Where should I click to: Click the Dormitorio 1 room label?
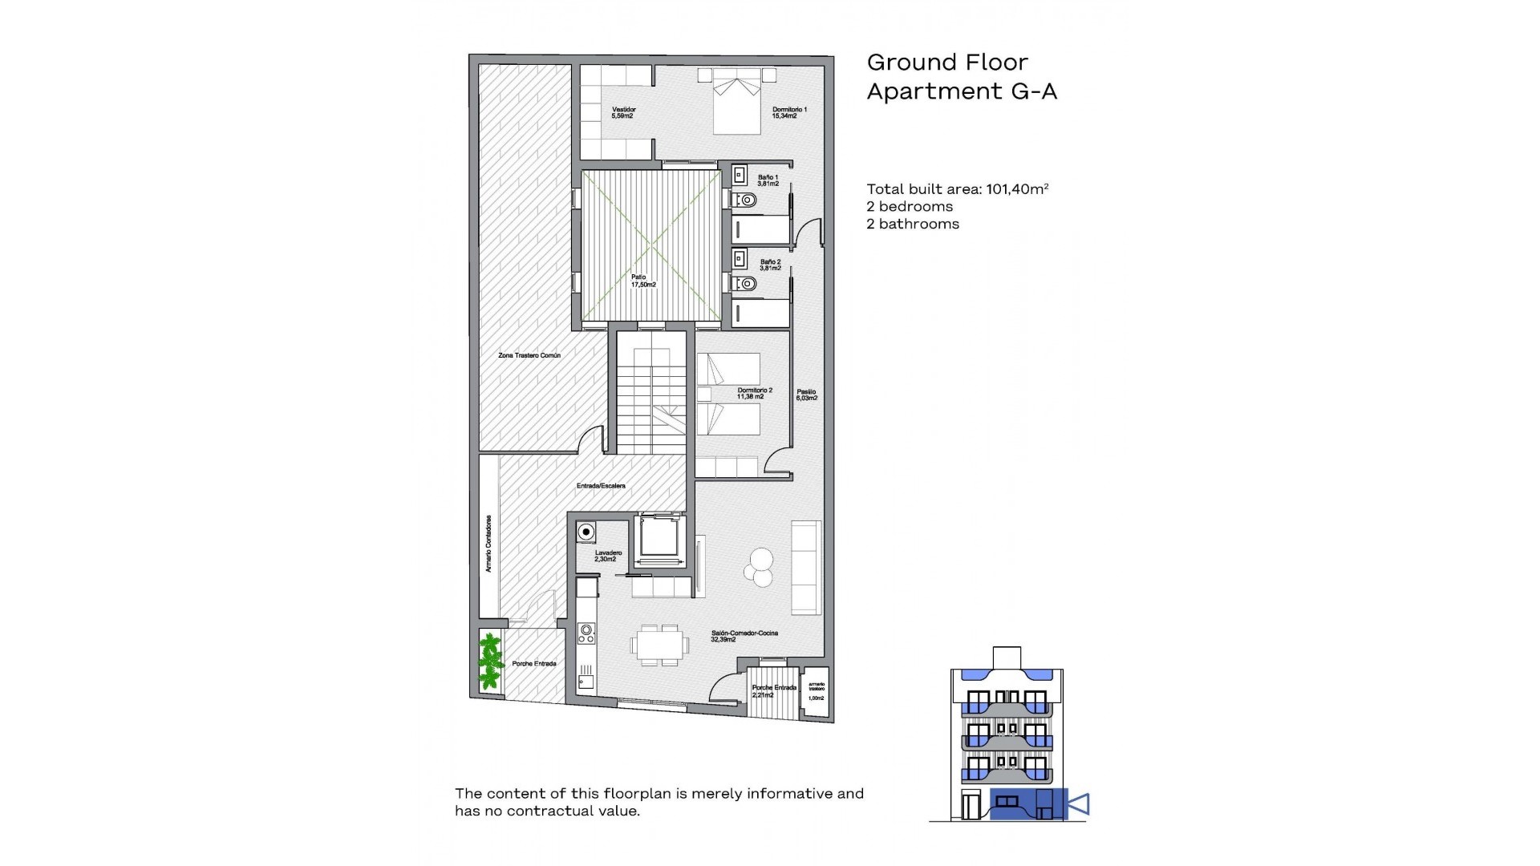[x=788, y=112]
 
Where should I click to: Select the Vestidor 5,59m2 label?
[x=623, y=112]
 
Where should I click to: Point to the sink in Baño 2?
[x=740, y=260]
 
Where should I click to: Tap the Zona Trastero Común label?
[x=529, y=355]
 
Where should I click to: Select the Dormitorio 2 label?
[x=754, y=393]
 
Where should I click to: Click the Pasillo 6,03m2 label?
[x=806, y=395]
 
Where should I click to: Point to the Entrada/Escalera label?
[x=601, y=486]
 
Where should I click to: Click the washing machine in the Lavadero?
[x=587, y=532]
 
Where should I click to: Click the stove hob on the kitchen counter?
[x=586, y=633]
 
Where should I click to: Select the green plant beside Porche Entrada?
[x=490, y=662]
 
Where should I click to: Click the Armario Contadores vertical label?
[x=488, y=544]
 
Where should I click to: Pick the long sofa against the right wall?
[x=806, y=568]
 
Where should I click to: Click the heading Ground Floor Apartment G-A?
[x=961, y=77]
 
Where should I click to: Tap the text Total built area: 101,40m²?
[x=957, y=189]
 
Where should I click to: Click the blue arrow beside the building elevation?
[x=1079, y=803]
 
